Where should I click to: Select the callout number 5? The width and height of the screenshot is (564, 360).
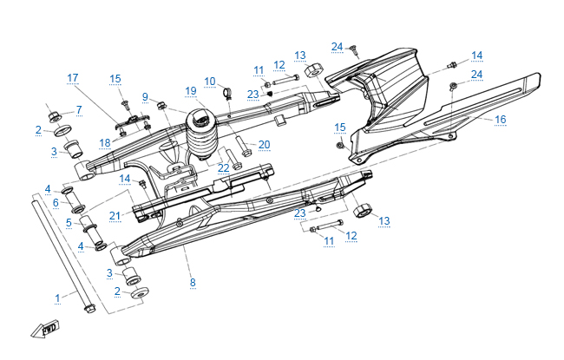69,222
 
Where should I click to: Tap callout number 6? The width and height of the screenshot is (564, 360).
56,203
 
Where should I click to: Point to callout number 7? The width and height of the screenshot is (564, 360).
78,110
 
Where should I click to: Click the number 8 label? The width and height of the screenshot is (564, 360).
193,283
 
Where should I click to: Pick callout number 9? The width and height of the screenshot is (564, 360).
146,96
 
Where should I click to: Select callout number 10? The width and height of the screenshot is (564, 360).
209,82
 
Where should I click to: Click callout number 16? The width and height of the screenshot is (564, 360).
500,119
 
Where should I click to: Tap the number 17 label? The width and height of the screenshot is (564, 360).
73,78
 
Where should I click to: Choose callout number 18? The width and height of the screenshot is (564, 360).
105,142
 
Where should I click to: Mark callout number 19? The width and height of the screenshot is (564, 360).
191,90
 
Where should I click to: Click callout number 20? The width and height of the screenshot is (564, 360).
265,144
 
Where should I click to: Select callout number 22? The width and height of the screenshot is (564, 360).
224,167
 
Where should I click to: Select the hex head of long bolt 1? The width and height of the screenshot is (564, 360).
89,307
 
